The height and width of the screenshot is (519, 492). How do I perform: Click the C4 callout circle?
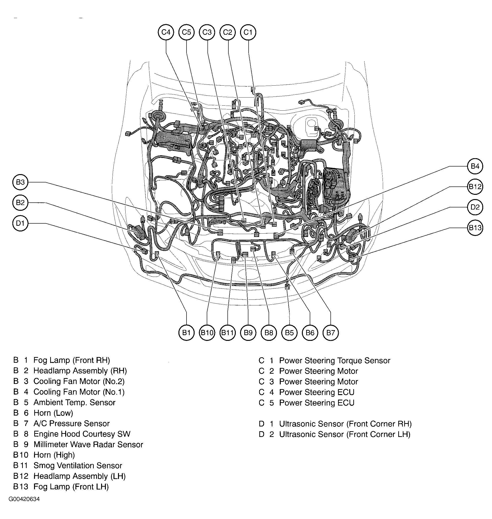click(x=166, y=32)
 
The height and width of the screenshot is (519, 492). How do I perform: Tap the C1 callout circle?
click(x=248, y=32)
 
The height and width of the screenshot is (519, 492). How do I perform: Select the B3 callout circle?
click(x=20, y=182)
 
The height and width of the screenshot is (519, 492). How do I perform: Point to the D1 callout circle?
click(x=20, y=223)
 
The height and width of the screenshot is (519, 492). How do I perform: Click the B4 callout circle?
click(x=475, y=166)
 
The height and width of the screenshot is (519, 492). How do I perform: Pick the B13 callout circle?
click(x=475, y=228)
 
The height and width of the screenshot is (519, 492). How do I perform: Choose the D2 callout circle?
click(x=475, y=207)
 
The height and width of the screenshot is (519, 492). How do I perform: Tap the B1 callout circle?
click(x=186, y=333)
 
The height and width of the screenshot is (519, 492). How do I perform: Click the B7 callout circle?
click(x=331, y=333)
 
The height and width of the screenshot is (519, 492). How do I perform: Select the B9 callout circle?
click(x=248, y=333)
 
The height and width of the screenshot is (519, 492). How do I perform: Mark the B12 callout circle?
click(x=475, y=187)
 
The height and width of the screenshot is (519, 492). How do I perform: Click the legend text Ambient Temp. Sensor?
click(x=74, y=402)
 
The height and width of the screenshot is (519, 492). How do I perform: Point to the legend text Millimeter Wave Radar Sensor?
click(x=88, y=445)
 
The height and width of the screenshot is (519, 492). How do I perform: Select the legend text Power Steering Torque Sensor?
click(x=335, y=360)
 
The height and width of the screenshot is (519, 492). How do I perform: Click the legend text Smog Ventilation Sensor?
click(x=78, y=465)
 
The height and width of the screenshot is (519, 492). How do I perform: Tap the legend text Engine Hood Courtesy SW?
click(x=82, y=434)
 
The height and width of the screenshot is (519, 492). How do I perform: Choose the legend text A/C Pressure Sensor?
click(x=71, y=423)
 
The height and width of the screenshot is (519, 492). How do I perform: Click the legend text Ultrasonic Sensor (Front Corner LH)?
click(x=344, y=434)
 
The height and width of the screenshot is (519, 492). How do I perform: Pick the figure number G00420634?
click(x=24, y=499)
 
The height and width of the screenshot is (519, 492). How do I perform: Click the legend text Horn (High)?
click(x=54, y=455)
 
